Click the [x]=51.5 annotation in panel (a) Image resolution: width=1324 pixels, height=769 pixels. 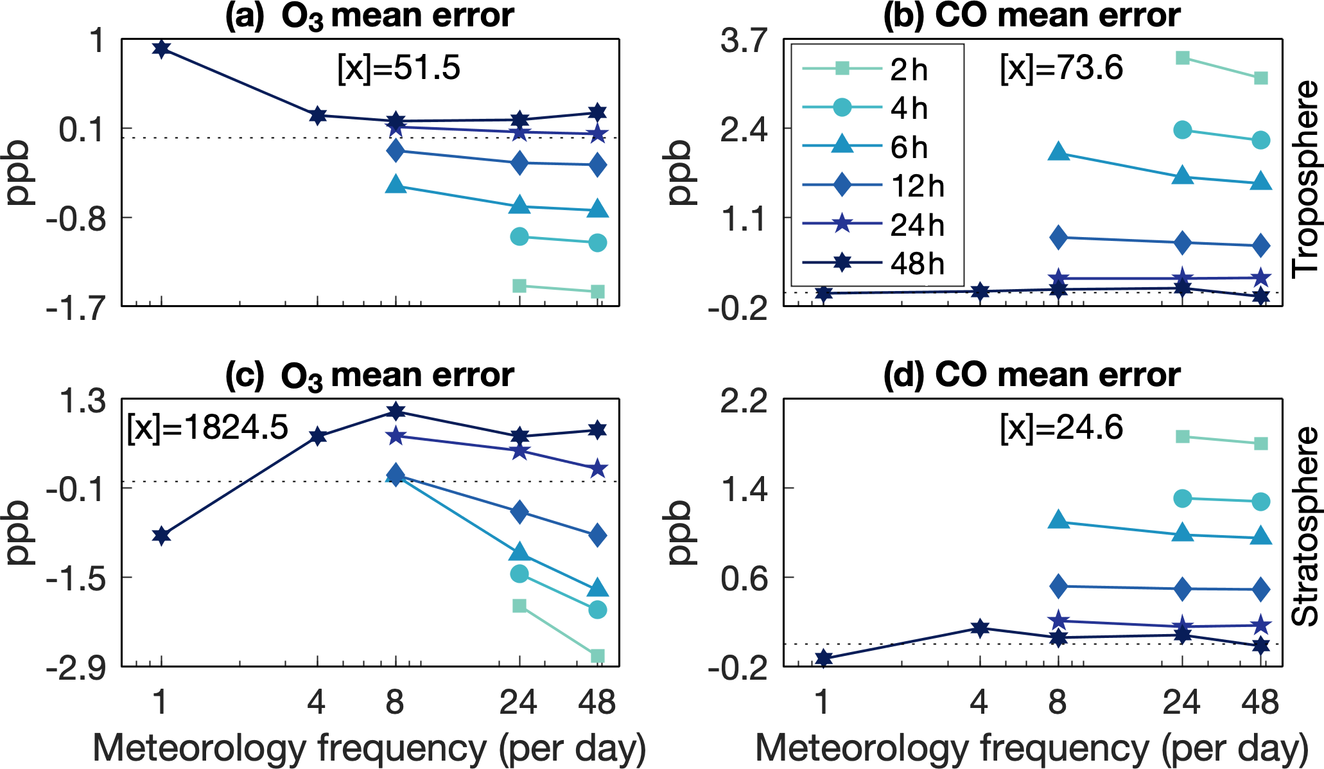399,67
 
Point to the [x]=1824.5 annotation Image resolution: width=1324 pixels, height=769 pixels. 207,427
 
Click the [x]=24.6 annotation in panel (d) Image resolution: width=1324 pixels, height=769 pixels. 1061,427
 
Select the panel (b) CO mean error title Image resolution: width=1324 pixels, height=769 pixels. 1032,15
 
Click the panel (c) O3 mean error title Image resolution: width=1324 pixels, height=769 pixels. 369,375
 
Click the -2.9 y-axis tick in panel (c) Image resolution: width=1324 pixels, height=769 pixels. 75,668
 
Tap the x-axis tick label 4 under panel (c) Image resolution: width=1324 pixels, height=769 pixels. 317,702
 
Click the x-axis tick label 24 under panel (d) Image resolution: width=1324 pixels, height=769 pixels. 1181,702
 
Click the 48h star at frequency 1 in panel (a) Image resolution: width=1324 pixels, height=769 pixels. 161,48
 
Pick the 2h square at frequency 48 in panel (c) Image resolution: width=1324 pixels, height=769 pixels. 597,655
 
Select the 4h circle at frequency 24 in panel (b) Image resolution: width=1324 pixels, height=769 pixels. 1182,130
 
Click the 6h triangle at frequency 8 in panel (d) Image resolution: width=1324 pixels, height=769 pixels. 1058,520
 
